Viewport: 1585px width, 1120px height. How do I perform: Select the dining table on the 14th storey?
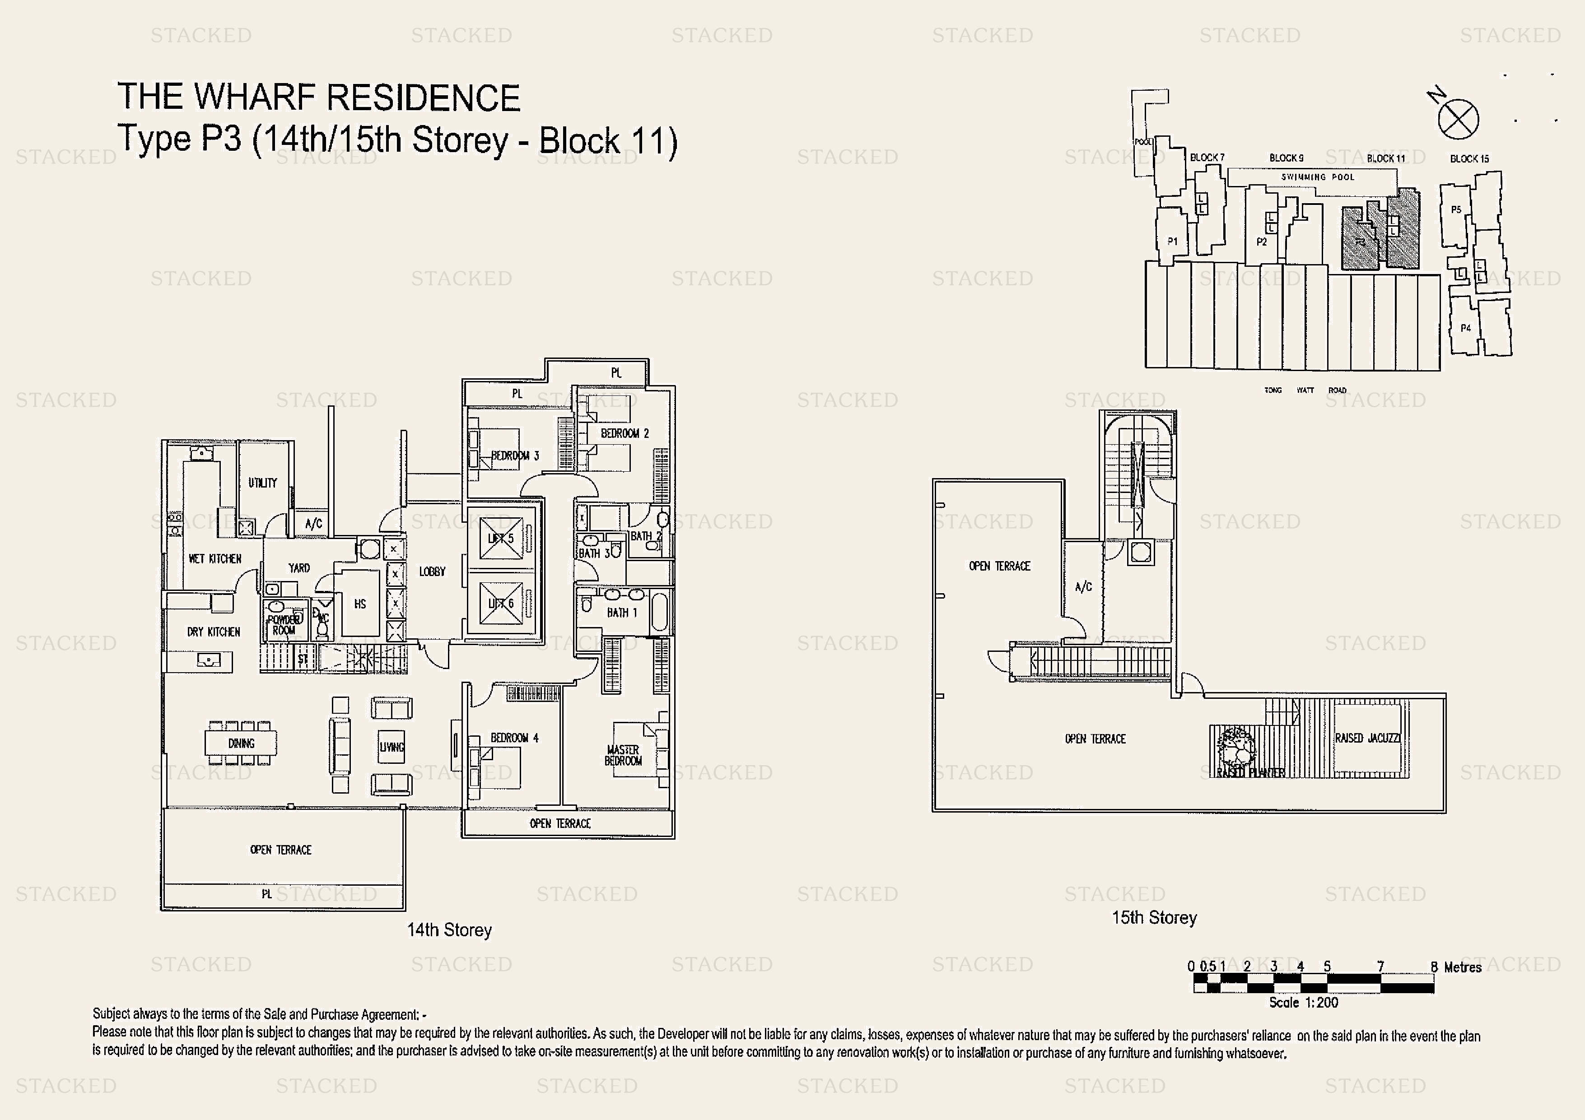click(241, 743)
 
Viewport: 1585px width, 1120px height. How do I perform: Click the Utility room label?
click(262, 483)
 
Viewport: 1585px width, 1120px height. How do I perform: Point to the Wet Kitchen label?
click(214, 558)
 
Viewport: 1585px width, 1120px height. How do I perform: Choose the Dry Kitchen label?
click(213, 632)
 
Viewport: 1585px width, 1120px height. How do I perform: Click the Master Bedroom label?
click(623, 755)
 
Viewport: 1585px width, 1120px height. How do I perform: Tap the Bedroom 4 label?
click(514, 738)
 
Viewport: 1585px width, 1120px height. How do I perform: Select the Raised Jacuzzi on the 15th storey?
click(1367, 739)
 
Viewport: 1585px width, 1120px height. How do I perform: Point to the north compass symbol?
click(1458, 119)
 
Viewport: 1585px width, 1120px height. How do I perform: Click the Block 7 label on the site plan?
click(1207, 158)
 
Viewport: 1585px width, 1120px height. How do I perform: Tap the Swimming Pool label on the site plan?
click(1317, 177)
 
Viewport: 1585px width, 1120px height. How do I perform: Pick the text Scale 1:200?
click(1303, 1003)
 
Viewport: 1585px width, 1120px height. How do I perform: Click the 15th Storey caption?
click(1154, 917)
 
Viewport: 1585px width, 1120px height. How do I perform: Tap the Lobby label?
click(432, 572)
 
